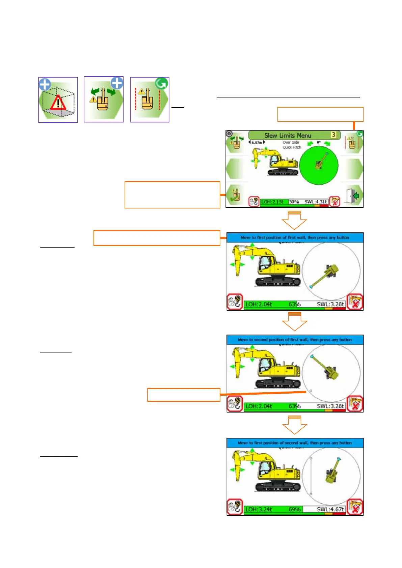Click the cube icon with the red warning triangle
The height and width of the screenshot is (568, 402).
pyautogui.click(x=58, y=100)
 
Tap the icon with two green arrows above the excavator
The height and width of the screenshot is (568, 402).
pyautogui.click(x=104, y=99)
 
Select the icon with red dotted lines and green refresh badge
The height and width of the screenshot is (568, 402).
pyautogui.click(x=150, y=100)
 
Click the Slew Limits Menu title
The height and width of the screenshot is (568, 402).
pyautogui.click(x=288, y=135)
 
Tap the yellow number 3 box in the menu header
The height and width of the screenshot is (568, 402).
pyautogui.click(x=333, y=135)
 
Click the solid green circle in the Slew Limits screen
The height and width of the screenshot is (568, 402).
pyautogui.click(x=319, y=165)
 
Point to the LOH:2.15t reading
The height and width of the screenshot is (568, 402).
pyautogui.click(x=272, y=202)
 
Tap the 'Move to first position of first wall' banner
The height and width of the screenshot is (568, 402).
pyautogui.click(x=295, y=237)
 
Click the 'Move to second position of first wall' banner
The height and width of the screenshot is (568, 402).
pyautogui.click(x=295, y=340)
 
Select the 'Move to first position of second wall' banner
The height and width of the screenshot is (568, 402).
pyautogui.click(x=295, y=443)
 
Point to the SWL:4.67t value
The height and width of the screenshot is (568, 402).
pyautogui.click(x=330, y=509)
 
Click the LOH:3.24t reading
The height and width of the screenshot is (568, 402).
pyautogui.click(x=259, y=509)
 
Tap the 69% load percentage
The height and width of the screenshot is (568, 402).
pyautogui.click(x=295, y=509)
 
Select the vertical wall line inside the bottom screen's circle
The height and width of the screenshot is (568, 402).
pyautogui.click(x=311, y=476)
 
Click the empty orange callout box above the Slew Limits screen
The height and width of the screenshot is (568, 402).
pyautogui.click(x=320, y=114)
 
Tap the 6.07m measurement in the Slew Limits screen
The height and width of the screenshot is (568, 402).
pyautogui.click(x=257, y=143)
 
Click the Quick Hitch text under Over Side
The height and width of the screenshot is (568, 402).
pyautogui.click(x=292, y=147)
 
